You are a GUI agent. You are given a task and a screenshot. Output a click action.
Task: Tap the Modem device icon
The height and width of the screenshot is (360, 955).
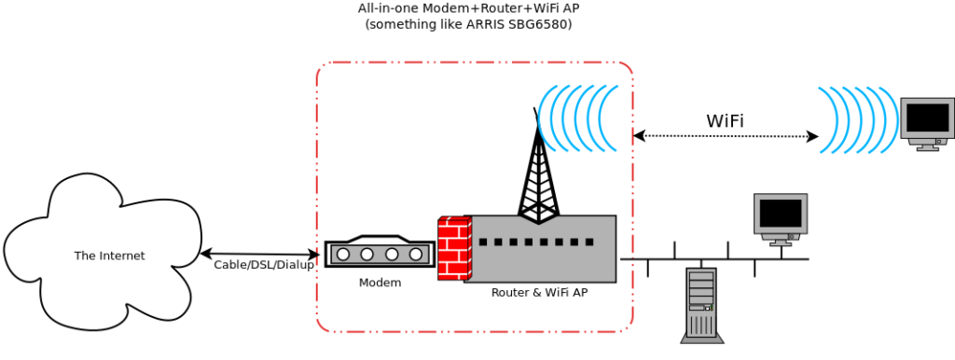pyautogui.click(x=380, y=254)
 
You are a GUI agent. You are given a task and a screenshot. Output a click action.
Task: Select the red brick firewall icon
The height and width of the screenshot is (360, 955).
pyautogui.click(x=454, y=248)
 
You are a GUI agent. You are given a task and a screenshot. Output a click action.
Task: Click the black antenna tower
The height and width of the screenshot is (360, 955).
pyautogui.click(x=539, y=177)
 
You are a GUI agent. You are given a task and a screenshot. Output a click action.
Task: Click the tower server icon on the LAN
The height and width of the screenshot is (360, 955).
pyautogui.click(x=701, y=303)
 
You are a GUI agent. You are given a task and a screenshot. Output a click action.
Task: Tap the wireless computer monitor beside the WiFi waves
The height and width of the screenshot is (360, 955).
pyautogui.click(x=927, y=121)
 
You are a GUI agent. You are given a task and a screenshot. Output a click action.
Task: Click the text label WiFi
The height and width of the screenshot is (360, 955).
pyautogui.click(x=725, y=120)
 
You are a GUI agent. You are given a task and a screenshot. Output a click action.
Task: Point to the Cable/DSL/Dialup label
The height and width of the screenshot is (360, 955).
pyautogui.click(x=264, y=265)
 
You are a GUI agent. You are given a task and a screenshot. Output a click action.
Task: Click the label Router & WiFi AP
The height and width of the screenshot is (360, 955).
pyautogui.click(x=539, y=293)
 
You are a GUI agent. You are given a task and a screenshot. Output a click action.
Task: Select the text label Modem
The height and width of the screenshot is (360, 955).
pyautogui.click(x=380, y=283)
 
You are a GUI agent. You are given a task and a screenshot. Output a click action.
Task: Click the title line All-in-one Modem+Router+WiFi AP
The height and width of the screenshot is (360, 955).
pyautogui.click(x=467, y=8)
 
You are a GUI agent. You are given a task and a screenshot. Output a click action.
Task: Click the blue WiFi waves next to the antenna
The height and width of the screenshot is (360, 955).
pyautogui.click(x=578, y=118)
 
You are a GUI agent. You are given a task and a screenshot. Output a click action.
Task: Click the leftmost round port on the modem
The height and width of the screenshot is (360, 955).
pyautogui.click(x=344, y=254)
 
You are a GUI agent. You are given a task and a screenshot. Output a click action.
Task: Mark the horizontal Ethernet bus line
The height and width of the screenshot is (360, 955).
pyautogui.click(x=714, y=259)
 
